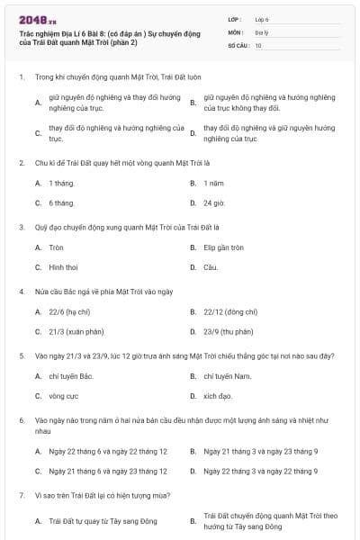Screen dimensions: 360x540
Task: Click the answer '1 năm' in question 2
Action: [x=213, y=183]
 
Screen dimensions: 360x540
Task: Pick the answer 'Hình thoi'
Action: [x=63, y=267]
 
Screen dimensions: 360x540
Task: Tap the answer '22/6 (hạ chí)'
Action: [x=69, y=311]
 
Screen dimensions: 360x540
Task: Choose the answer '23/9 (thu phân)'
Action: [x=229, y=331]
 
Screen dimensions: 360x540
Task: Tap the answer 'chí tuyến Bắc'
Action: [x=72, y=375]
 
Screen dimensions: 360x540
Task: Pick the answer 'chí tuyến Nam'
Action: [x=225, y=375]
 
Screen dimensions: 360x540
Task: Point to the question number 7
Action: [x=21, y=495]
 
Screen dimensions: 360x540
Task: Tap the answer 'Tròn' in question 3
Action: [x=57, y=247]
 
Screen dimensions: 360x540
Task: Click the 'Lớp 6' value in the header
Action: [x=262, y=18]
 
